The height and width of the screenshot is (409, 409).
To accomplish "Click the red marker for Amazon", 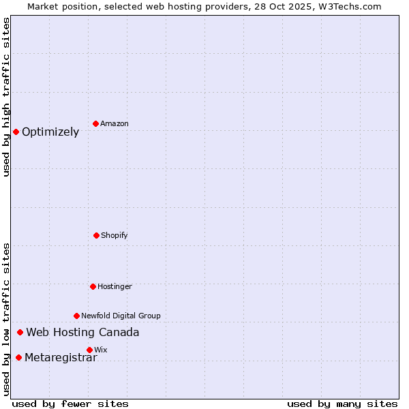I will point(95,123).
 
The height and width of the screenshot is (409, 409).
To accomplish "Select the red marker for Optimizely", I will point(16,132).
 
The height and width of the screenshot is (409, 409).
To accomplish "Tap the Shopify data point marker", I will point(96,235).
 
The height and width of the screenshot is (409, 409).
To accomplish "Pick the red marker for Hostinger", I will point(93,286).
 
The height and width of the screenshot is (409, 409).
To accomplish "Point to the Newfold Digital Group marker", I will point(76,316).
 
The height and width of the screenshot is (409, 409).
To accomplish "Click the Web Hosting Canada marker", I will point(20,332).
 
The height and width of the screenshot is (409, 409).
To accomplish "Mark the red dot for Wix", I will point(89,350).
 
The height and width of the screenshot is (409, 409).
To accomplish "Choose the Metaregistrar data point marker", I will point(18,357).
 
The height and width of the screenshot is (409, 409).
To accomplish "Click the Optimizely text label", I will point(50,132).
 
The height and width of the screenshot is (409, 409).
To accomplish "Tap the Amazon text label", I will point(115,124).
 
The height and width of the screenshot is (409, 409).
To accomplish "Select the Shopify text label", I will point(115,236).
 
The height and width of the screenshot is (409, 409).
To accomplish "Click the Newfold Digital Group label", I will point(121,316).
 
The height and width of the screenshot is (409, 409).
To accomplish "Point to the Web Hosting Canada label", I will point(82,333).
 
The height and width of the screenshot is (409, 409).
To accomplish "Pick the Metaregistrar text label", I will point(61,358).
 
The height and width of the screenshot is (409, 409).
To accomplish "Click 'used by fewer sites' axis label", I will point(70,404).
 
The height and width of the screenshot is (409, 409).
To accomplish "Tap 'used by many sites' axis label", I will point(342,404).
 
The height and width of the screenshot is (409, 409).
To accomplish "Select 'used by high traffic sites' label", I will point(7,97).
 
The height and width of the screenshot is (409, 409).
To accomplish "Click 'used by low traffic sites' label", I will point(7,319).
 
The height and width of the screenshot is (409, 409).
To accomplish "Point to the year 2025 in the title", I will point(298,6).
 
